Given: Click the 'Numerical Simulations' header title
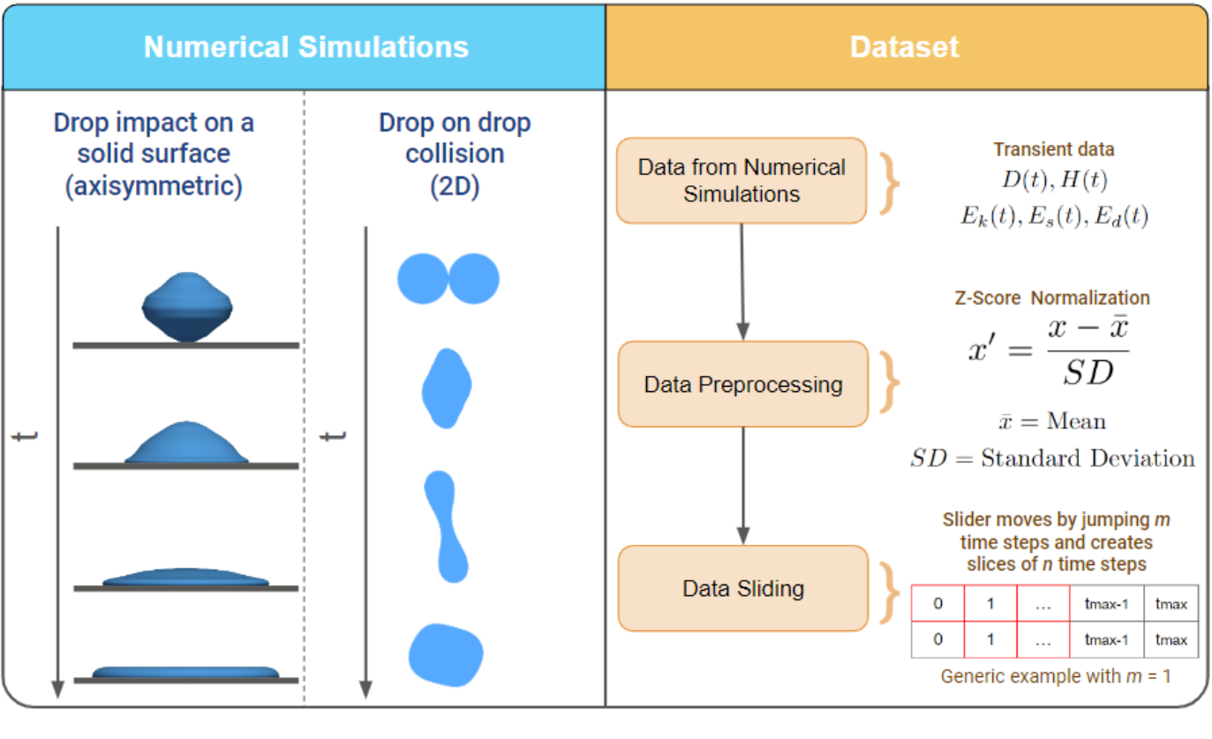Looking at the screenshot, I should (x=305, y=47).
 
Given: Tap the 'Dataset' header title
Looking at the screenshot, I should (x=904, y=47).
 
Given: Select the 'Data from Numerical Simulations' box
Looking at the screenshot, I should (x=742, y=180).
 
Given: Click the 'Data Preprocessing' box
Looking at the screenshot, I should (x=743, y=385).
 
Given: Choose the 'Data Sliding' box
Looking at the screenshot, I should (x=743, y=588).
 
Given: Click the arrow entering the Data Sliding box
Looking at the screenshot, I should (x=743, y=534).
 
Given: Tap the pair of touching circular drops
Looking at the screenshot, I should (x=448, y=279).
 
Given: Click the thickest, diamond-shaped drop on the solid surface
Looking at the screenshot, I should (x=187, y=306).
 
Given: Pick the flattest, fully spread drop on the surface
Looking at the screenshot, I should (x=185, y=673).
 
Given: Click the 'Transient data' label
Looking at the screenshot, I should (x=1053, y=149).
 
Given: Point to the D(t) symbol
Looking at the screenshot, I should (x=1022, y=181).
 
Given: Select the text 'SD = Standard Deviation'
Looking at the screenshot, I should (x=1052, y=458).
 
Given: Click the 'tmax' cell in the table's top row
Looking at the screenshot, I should (x=1171, y=605).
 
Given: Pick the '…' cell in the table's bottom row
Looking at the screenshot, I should (x=1043, y=640).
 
